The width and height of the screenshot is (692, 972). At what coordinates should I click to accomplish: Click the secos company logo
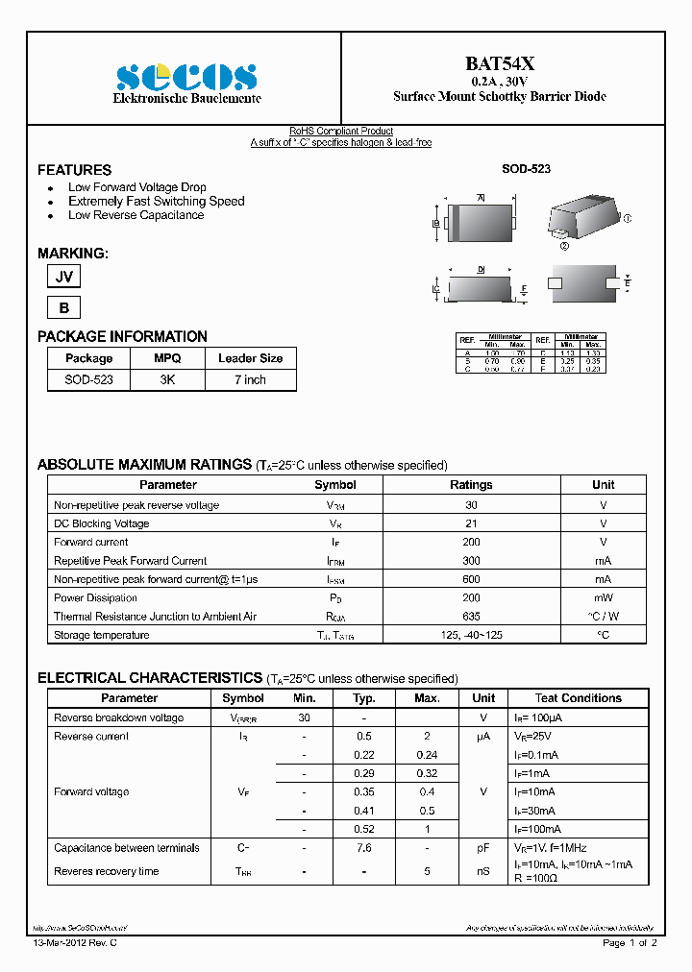[186, 77]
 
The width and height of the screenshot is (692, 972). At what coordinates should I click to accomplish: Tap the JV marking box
[64, 277]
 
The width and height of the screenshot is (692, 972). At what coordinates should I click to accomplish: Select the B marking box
[64, 308]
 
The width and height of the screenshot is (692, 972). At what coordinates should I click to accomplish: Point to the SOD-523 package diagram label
[526, 169]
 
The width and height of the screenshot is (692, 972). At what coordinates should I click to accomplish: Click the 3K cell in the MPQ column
[167, 380]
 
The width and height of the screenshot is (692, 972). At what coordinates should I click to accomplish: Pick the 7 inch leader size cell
[250, 380]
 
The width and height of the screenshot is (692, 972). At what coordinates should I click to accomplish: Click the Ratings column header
[471, 485]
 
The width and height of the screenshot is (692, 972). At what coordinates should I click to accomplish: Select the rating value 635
[471, 617]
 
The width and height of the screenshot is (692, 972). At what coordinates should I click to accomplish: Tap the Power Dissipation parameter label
[95, 598]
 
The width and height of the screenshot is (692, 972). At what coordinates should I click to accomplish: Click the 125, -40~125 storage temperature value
[471, 636]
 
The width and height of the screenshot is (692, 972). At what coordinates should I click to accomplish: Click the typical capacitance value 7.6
[364, 848]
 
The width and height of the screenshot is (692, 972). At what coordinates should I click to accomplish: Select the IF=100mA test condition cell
[536, 829]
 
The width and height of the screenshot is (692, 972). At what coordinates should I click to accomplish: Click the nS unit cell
[483, 872]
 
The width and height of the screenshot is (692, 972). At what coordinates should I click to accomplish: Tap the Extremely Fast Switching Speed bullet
[156, 202]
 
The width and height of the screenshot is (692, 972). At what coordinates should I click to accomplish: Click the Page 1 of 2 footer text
[630, 943]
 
